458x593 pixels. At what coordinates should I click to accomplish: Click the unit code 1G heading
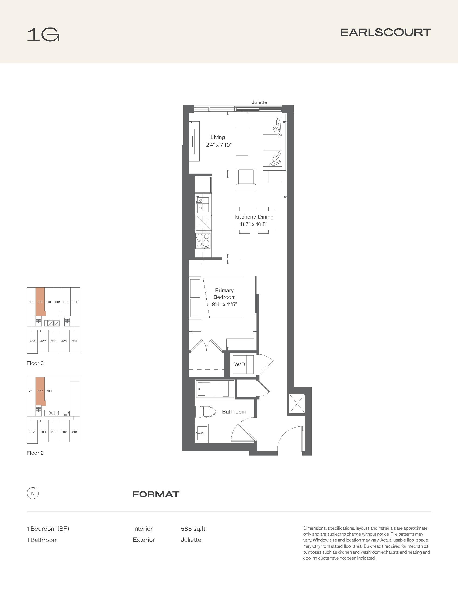pyautogui.click(x=43, y=35)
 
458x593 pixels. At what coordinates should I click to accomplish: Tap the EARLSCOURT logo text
pyautogui.click(x=386, y=32)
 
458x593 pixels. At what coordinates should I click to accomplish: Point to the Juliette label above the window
pyautogui.click(x=259, y=102)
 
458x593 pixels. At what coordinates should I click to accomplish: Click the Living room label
pyautogui.click(x=218, y=137)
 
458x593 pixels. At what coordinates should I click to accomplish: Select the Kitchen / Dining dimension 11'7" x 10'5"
pyautogui.click(x=254, y=224)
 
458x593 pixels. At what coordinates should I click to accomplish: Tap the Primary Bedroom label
pyautogui.click(x=224, y=294)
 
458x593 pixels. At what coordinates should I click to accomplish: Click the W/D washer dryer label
pyautogui.click(x=240, y=364)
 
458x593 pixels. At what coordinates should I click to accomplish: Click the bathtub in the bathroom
pyautogui.click(x=215, y=389)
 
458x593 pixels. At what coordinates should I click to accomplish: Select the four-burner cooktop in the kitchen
pyautogui.click(x=203, y=240)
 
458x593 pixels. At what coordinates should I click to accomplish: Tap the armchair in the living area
pyautogui.click(x=246, y=180)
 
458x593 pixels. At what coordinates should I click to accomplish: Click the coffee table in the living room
pyautogui.click(x=242, y=142)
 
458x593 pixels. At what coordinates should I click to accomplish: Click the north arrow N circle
pyautogui.click(x=33, y=493)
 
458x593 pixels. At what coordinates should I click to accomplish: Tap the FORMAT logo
pyautogui.click(x=156, y=494)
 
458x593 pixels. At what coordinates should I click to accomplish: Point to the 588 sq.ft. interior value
pyautogui.click(x=194, y=529)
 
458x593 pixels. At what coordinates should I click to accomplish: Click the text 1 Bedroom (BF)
pyautogui.click(x=48, y=529)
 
